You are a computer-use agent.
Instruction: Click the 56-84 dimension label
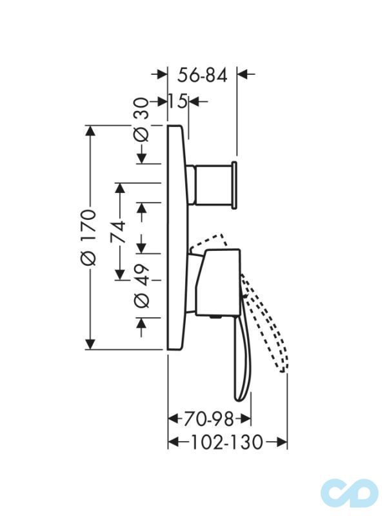click(203, 75)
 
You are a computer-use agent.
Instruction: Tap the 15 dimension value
click(178, 101)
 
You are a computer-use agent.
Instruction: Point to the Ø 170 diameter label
click(88, 237)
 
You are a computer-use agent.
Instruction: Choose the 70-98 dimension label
click(208, 419)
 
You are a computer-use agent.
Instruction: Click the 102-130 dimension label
click(227, 442)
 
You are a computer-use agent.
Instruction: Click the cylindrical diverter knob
click(212, 184)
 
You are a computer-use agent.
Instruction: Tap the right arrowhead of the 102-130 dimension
click(282, 442)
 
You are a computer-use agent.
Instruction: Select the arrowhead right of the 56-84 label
click(243, 74)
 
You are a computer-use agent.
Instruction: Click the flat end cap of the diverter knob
click(234, 184)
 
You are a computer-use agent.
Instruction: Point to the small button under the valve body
click(215, 317)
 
